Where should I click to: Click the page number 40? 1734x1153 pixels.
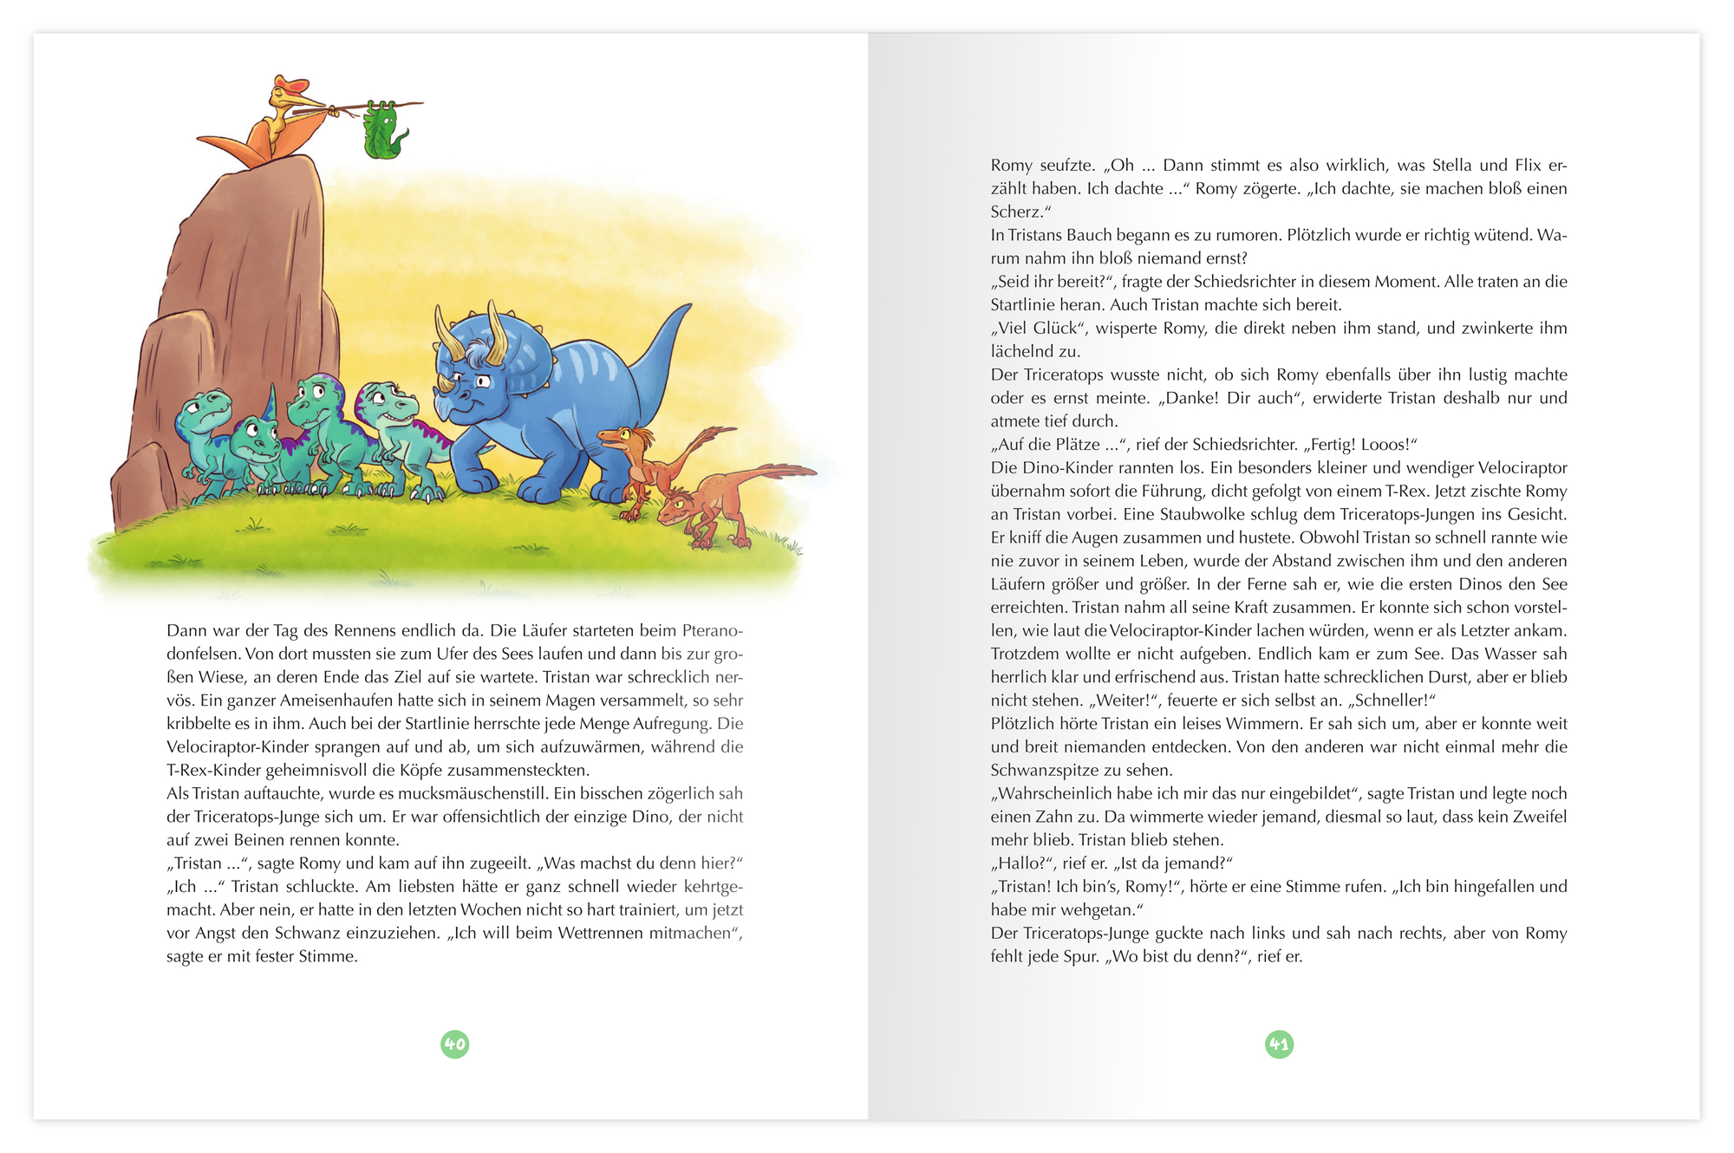(x=455, y=1044)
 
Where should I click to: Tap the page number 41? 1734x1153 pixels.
(x=1279, y=1044)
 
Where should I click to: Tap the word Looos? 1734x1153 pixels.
(x=1384, y=445)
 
